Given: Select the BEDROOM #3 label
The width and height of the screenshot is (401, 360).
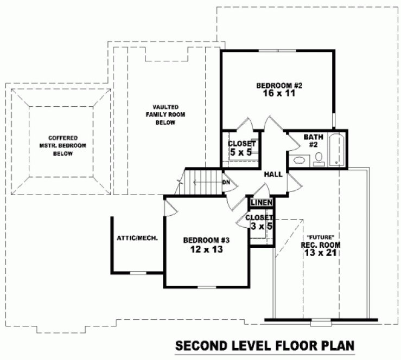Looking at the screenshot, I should [207, 240].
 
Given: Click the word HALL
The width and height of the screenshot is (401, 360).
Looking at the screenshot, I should [272, 175].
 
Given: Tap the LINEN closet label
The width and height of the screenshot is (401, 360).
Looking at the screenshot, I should [261, 202].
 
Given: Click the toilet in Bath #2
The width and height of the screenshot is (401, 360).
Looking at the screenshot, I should [319, 158].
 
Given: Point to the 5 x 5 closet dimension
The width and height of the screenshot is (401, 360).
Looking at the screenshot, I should [241, 153].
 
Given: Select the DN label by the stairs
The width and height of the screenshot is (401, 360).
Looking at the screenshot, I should [226, 182].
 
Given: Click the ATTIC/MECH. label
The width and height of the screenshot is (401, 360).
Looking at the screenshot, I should [137, 238].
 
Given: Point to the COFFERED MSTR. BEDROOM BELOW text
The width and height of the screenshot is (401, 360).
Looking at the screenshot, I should [62, 146].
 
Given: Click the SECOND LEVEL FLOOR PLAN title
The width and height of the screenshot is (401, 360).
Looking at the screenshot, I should [264, 345].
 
